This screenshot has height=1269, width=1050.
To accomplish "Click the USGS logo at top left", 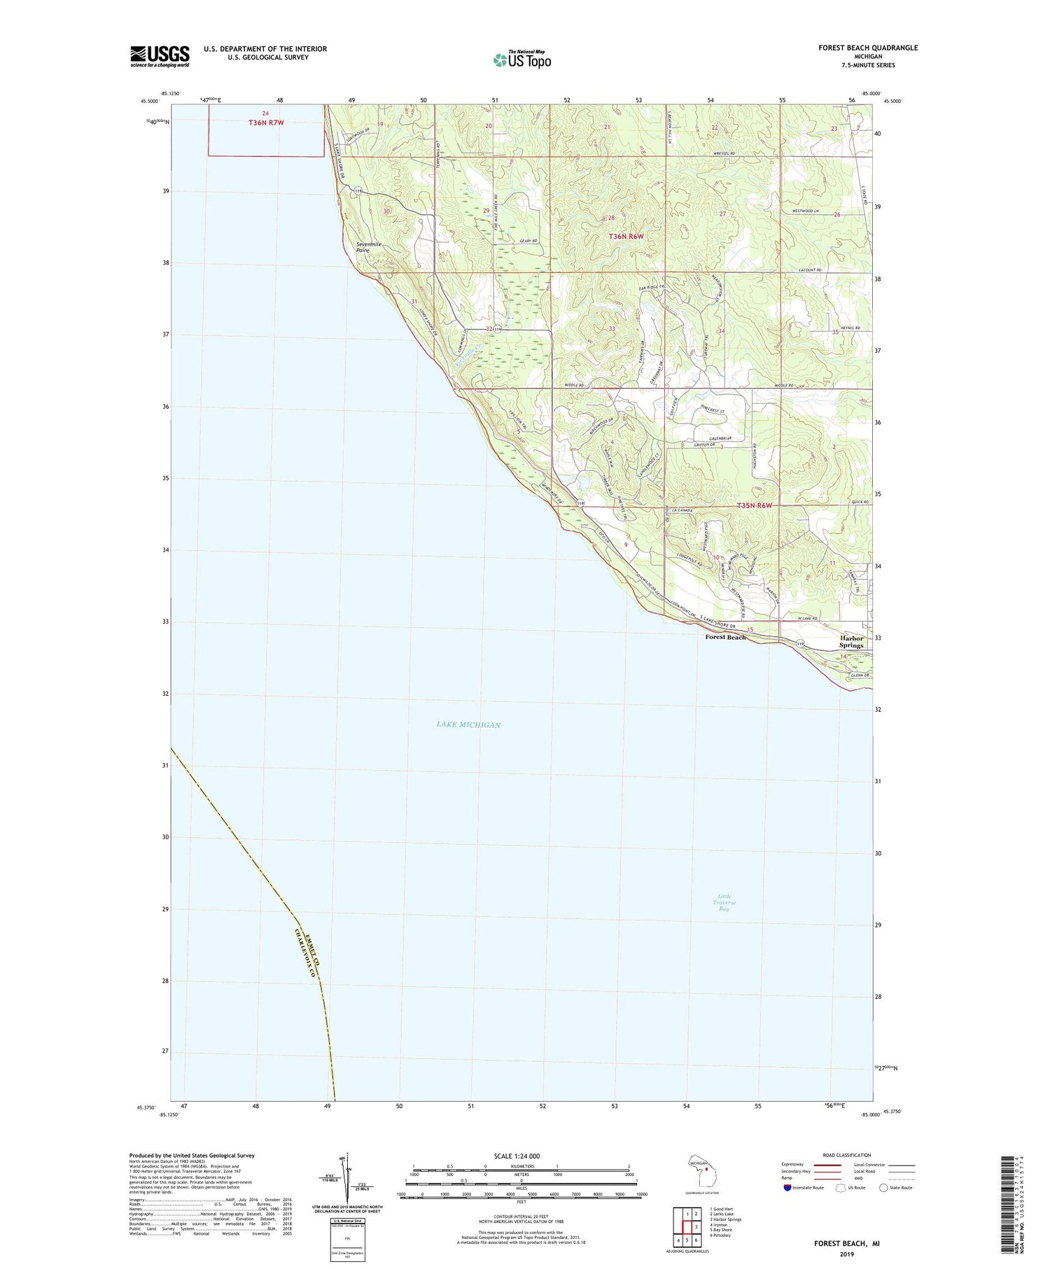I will pyautogui.click(x=160, y=56).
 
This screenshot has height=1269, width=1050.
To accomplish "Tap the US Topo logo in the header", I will pyautogui.click(x=521, y=60).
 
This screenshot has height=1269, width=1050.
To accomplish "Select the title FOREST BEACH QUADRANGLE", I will pyautogui.click(x=868, y=48).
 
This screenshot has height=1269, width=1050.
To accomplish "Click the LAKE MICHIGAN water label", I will pyautogui.click(x=468, y=724).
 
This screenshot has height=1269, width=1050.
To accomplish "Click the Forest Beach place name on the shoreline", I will pyautogui.click(x=725, y=637).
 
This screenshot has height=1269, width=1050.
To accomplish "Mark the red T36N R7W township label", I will pyautogui.click(x=266, y=123).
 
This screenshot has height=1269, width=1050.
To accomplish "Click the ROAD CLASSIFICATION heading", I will pyautogui.click(x=847, y=1155).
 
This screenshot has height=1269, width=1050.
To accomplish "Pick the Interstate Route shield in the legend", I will pyautogui.click(x=787, y=1187).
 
